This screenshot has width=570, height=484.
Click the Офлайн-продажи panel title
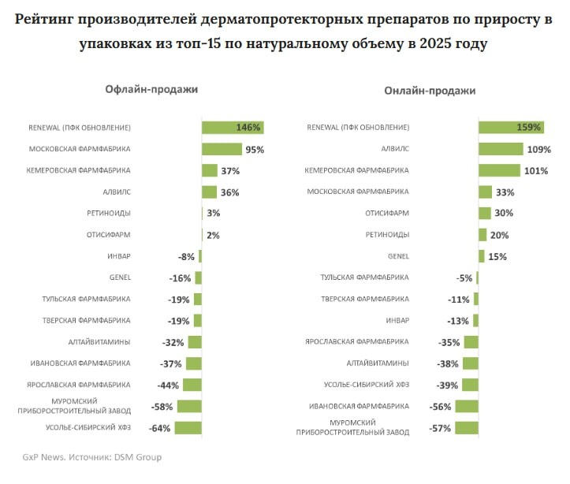coord(151,89)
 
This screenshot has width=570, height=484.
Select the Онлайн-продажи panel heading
coord(430,91)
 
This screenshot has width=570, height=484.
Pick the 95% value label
coord(254,149)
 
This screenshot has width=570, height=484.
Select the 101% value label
coord(536,170)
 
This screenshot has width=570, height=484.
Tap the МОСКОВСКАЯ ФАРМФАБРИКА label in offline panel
coord(80,149)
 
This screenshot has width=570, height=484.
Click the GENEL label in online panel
coord(398,256)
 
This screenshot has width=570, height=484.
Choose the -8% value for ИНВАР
coord(186,256)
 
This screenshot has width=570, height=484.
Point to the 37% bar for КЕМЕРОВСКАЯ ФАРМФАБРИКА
coord(209,170)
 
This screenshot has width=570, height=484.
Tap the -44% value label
coord(167,385)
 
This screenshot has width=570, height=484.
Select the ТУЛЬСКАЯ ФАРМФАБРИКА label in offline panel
coord(86,300)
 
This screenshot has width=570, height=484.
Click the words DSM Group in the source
coord(141,457)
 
